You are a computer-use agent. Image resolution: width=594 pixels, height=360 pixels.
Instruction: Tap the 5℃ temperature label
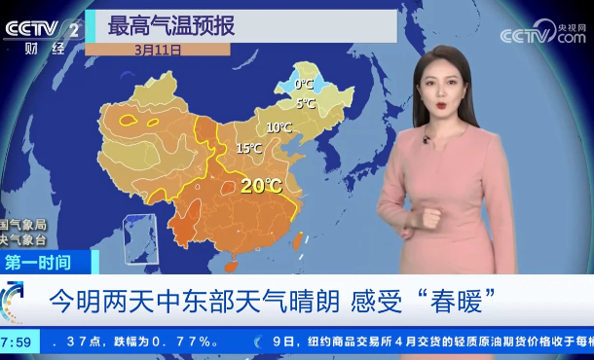[x=305, y=103]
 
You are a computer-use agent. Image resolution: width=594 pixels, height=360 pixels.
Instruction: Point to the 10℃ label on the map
[x=278, y=127]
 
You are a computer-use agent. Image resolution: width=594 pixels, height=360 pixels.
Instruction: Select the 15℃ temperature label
[x=248, y=149]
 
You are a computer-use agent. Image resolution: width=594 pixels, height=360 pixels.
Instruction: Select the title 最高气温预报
[x=171, y=25]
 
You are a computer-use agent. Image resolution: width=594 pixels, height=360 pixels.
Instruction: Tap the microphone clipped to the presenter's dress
[x=427, y=141]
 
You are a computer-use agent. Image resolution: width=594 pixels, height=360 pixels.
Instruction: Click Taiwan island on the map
[x=299, y=238]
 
